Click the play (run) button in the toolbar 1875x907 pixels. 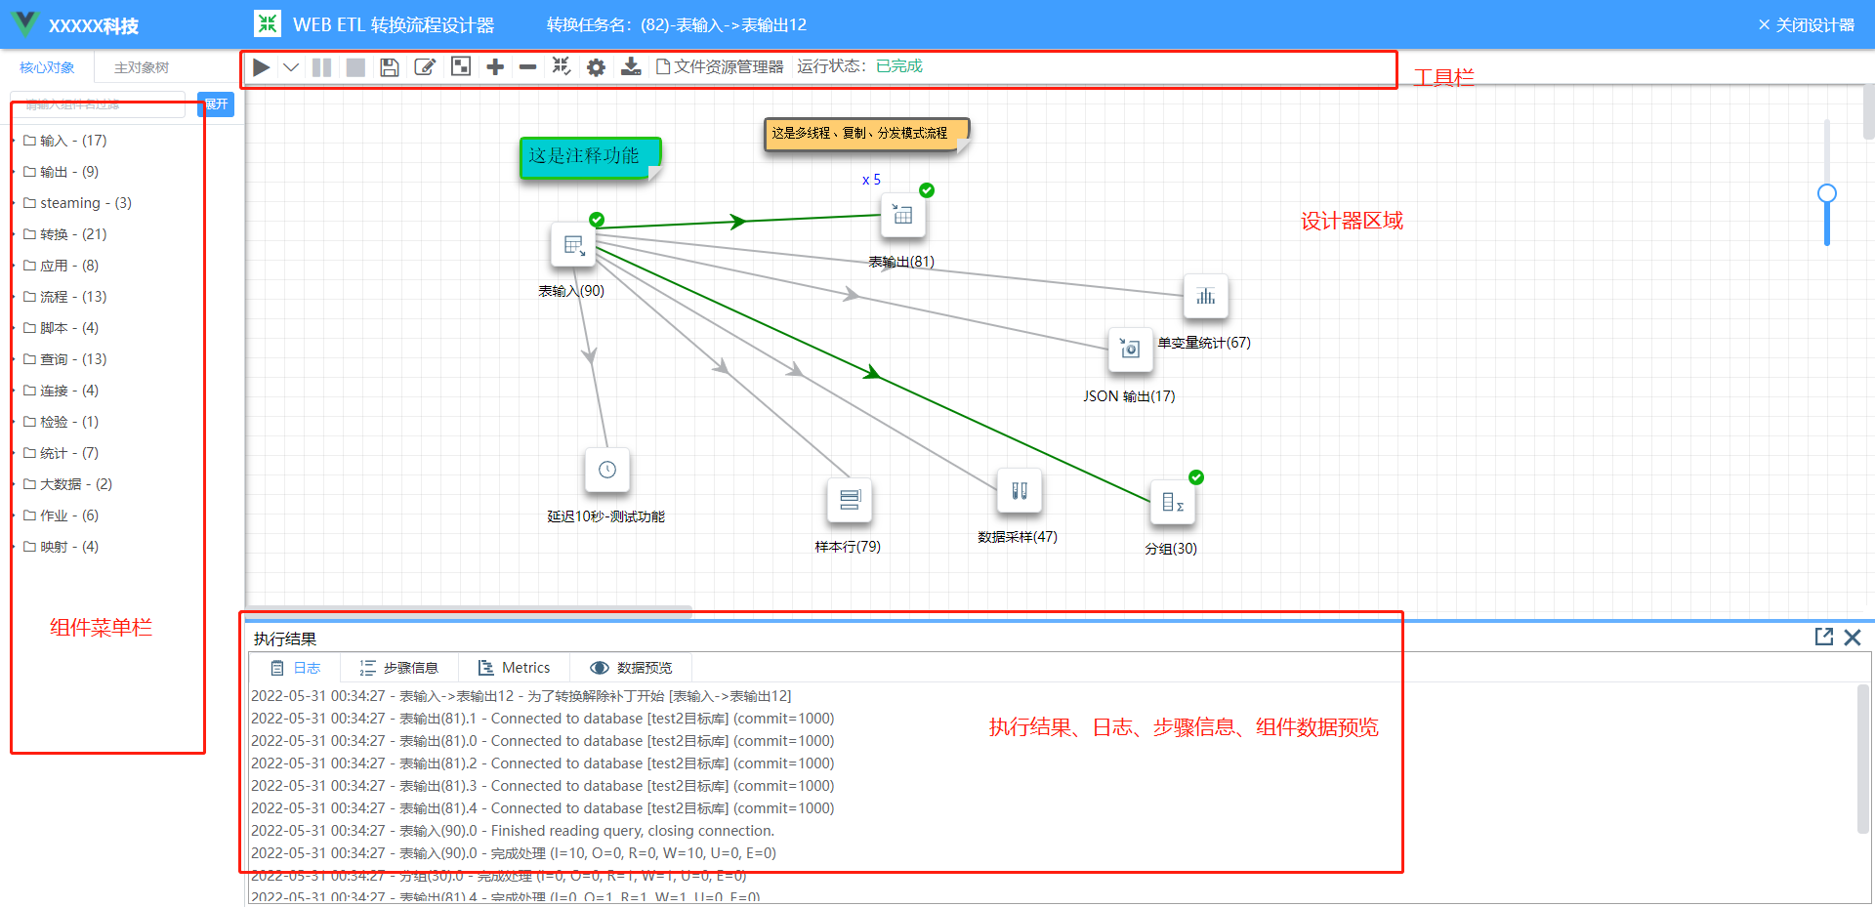(x=261, y=67)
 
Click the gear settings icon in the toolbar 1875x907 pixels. (x=596, y=67)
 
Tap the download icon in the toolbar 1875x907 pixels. (x=632, y=67)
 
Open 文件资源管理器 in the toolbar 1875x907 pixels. (x=721, y=66)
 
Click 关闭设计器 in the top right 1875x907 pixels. (x=1807, y=24)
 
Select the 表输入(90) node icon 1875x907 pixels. (x=573, y=245)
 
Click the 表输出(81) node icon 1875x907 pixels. (x=902, y=216)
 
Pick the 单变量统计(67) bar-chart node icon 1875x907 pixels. (x=1205, y=297)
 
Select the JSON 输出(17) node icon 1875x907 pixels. (x=1130, y=350)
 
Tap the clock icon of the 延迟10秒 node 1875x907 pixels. (x=606, y=471)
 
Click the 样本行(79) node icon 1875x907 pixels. (x=849, y=500)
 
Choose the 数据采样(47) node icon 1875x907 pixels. (x=1019, y=491)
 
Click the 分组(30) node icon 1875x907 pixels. (x=1172, y=503)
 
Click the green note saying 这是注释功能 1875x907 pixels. (x=589, y=157)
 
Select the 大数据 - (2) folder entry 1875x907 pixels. (x=76, y=484)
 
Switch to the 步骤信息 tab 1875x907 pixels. (x=400, y=668)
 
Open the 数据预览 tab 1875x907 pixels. (x=633, y=668)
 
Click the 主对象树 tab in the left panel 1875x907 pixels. (x=142, y=67)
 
